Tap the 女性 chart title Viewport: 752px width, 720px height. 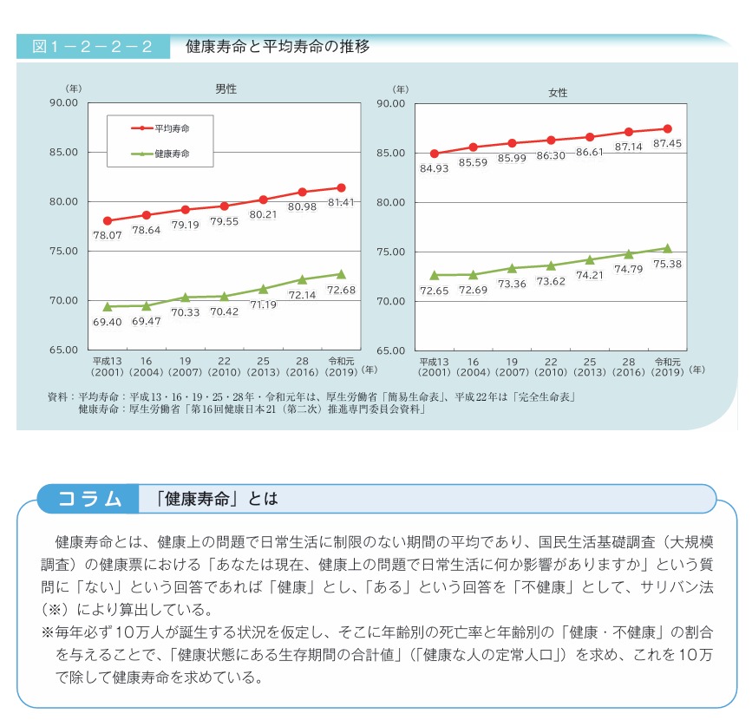point(558,91)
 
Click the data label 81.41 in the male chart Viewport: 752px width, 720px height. point(342,203)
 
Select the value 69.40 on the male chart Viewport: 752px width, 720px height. point(108,322)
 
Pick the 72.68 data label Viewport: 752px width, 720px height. point(341,289)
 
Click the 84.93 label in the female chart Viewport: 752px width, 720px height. point(434,168)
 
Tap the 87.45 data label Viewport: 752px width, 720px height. point(667,144)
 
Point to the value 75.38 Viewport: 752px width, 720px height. point(667,264)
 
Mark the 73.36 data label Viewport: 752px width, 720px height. point(512,284)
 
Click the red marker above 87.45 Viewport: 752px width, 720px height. point(667,128)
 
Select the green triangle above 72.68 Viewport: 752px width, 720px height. point(341,274)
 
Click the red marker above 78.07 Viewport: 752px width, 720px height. point(108,220)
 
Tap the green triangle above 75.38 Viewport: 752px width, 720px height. point(667,248)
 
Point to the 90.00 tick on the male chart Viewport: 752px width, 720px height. point(66,102)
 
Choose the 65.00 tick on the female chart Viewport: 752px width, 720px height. point(393,350)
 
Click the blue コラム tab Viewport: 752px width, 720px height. point(89,499)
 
